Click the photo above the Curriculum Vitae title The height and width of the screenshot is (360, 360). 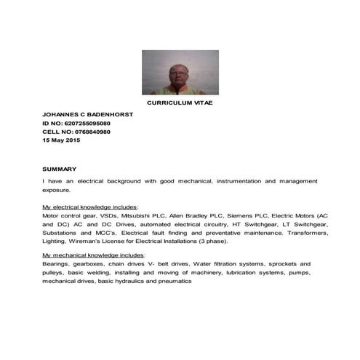pyautogui.click(x=180, y=72)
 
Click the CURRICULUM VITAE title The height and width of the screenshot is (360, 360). pyautogui.click(x=180, y=103)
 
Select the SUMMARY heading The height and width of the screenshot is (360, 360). pyautogui.click(x=60, y=169)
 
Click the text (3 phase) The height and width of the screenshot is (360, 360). pyautogui.click(x=213, y=241)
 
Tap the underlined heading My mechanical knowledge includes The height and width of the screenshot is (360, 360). pyautogui.click(x=93, y=256)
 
